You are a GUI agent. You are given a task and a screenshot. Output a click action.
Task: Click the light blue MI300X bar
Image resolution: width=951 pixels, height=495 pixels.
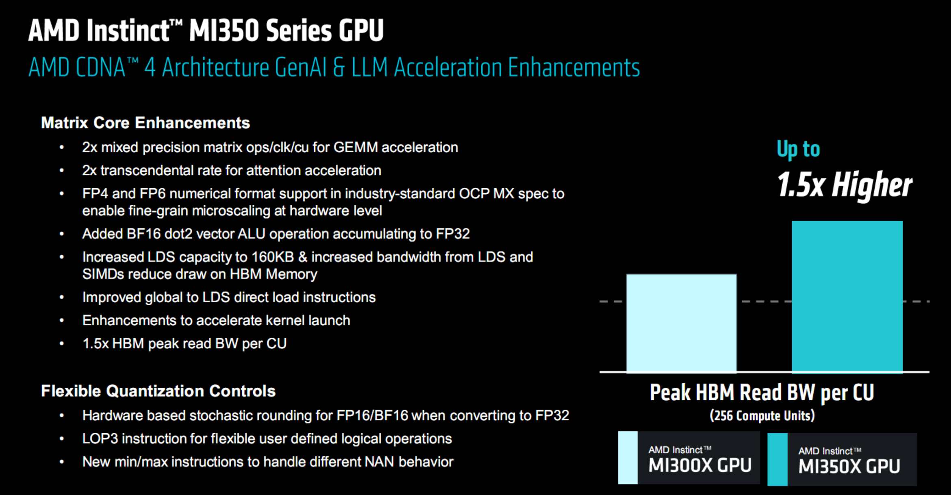[x=681, y=323]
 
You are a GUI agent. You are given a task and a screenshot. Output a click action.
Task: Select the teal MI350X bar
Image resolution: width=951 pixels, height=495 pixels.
[x=847, y=296]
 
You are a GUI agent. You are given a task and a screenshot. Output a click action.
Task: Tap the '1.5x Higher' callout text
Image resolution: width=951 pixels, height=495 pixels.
[x=845, y=185]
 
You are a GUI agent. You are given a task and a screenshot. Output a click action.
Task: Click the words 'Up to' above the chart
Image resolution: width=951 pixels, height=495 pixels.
[x=798, y=149]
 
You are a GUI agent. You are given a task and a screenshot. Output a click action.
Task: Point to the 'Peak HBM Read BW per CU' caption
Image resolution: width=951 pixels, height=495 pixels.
[x=762, y=393]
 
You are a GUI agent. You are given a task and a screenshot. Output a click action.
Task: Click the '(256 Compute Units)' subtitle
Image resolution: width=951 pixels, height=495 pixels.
[x=762, y=416]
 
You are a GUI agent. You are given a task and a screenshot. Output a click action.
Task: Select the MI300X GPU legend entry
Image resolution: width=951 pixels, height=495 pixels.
[x=689, y=458]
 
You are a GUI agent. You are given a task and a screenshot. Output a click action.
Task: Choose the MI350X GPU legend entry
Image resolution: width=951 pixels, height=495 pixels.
[x=842, y=459]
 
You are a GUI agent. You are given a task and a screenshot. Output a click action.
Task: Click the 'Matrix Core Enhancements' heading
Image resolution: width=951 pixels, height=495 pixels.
[x=145, y=123]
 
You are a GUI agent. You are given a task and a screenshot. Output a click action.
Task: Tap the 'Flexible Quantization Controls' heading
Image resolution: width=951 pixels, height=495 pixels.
[x=158, y=391]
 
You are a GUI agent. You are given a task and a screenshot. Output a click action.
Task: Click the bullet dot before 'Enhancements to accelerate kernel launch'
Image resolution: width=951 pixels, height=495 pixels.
[x=62, y=321]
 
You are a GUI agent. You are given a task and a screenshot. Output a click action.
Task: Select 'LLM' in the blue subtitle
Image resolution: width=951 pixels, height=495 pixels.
[x=370, y=67]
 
